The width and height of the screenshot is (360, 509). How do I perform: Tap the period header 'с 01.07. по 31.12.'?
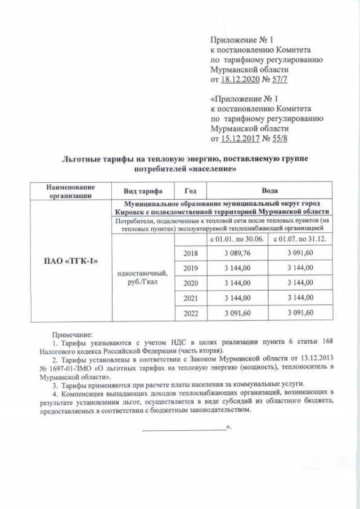(300, 239)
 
